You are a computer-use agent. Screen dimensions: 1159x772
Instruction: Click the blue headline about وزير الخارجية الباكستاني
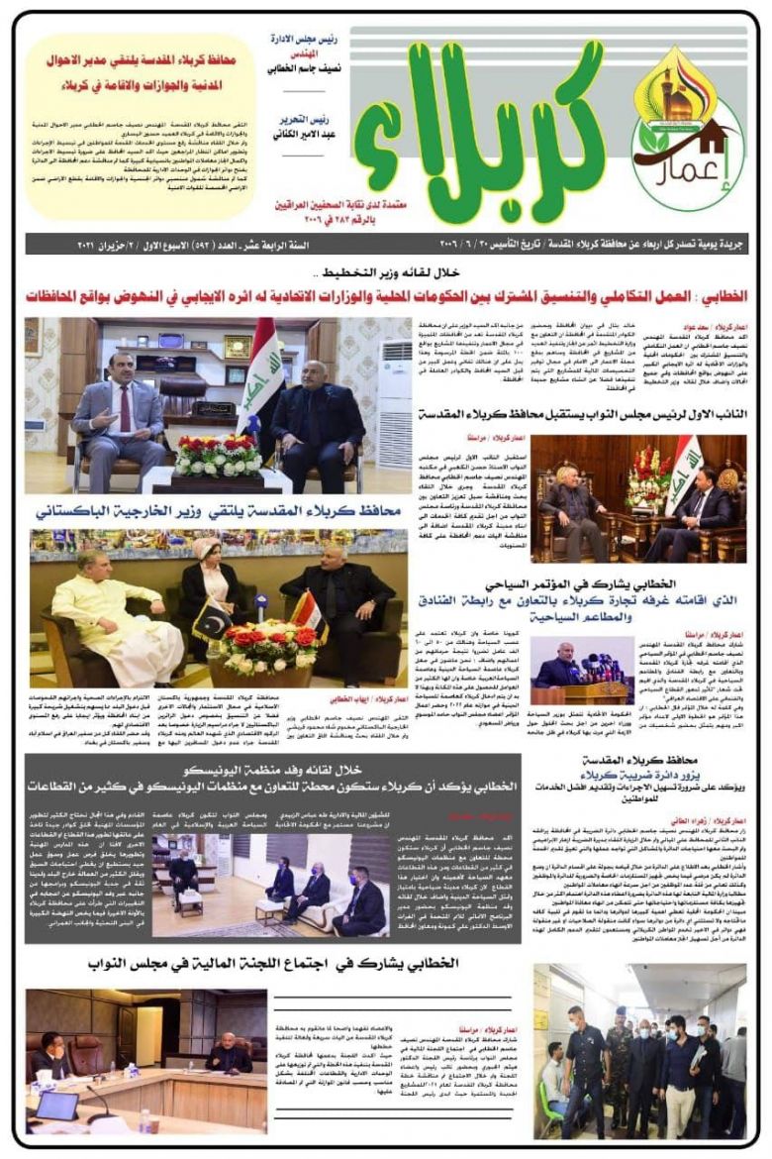pos(218,511)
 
